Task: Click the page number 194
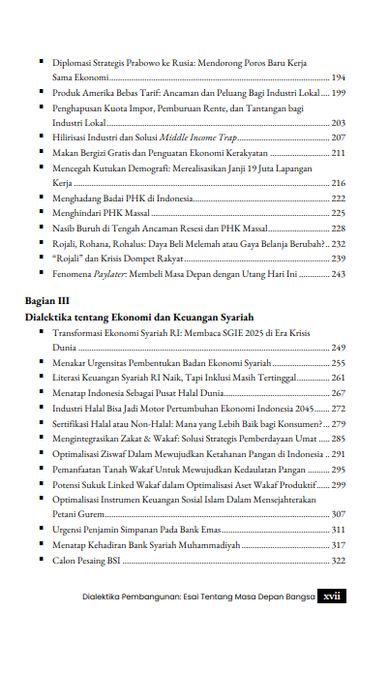pyautogui.click(x=339, y=76)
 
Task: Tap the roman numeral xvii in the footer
pyautogui.click(x=332, y=596)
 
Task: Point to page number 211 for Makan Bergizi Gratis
pyautogui.click(x=339, y=153)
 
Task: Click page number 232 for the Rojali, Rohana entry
pyautogui.click(x=339, y=245)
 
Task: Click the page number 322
pyautogui.click(x=339, y=560)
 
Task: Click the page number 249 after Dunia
pyautogui.click(x=339, y=346)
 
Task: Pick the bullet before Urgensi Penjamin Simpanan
pyautogui.click(x=42, y=531)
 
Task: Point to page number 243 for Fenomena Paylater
pyautogui.click(x=339, y=274)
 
